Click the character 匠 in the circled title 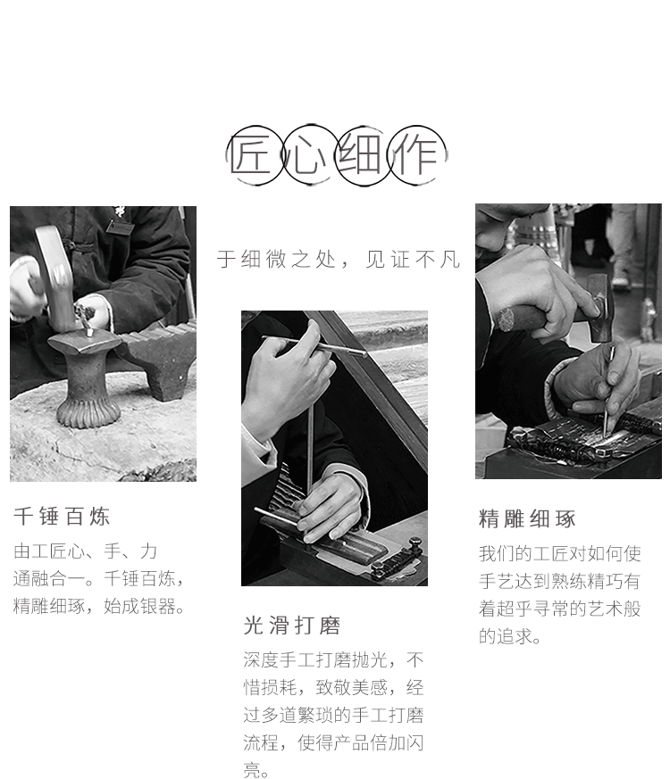250,155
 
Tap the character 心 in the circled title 305,155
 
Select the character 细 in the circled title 359,155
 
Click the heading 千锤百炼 62,517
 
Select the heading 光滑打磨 292,626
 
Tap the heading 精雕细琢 527,518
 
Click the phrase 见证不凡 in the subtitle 413,260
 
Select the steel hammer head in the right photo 599,307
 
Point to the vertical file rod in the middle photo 310,447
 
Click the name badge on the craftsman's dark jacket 120,227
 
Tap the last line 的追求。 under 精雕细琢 510,636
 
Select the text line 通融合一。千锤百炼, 99,579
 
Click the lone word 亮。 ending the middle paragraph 256,770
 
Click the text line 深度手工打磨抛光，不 333,659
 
